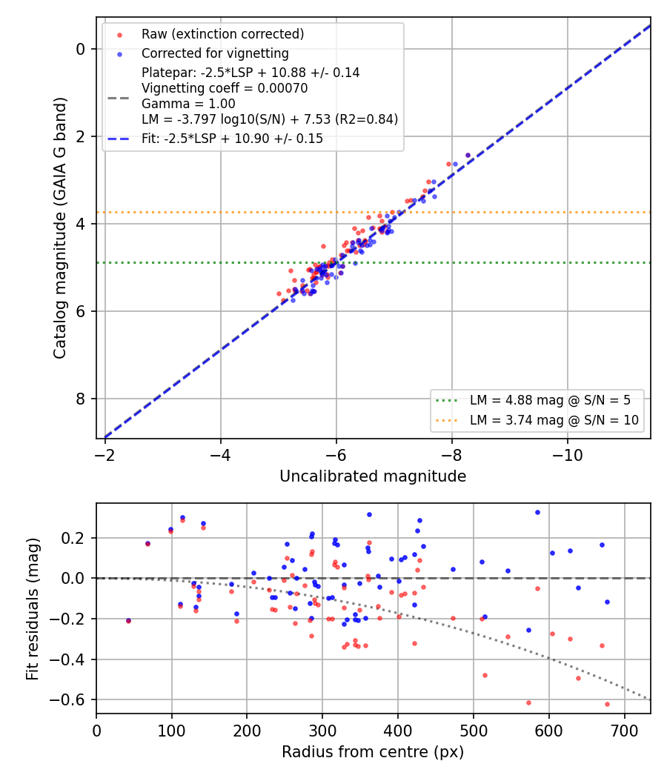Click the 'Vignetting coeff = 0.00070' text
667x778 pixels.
click(225, 88)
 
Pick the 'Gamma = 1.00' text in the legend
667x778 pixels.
click(188, 104)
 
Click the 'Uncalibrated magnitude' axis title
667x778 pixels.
click(373, 476)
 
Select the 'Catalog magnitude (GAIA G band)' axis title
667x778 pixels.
click(60, 227)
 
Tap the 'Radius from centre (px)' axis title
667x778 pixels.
click(373, 752)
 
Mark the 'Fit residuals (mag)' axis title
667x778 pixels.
click(33, 609)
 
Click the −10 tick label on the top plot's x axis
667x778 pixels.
click(567, 455)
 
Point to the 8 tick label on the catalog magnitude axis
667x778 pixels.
click(80, 399)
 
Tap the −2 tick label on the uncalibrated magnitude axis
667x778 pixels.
click(104, 455)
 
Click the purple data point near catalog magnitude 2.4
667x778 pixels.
click(468, 156)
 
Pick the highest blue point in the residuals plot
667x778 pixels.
click(537, 513)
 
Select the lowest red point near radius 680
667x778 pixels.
click(607, 704)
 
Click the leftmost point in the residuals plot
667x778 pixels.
click(128, 621)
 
